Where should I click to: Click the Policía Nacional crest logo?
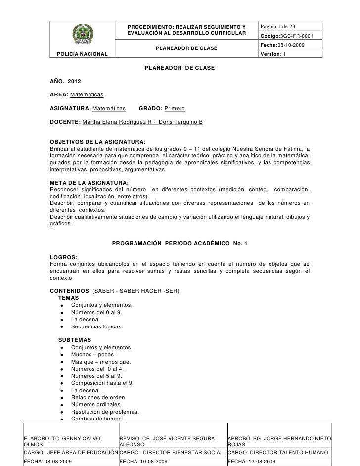(82, 36)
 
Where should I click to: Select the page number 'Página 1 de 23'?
(279, 26)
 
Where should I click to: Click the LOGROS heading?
(64, 257)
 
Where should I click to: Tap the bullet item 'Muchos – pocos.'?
(93, 355)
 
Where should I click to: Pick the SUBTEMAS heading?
(75, 340)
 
